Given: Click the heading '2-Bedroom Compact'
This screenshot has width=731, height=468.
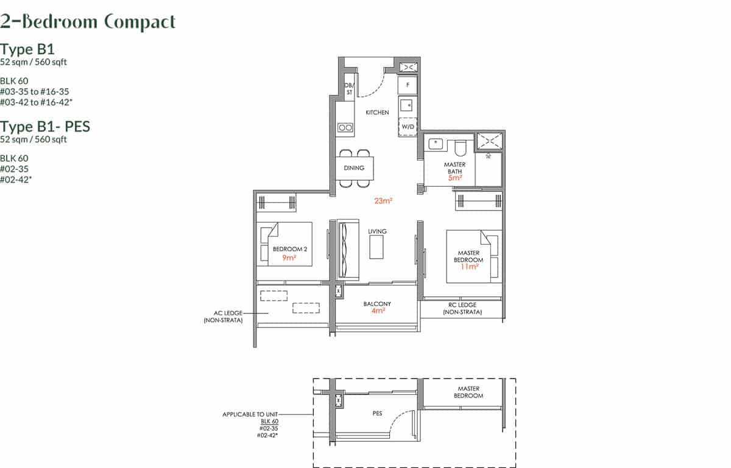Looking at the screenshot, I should pyautogui.click(x=88, y=22).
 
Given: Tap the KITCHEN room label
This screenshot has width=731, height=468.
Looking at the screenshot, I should pyautogui.click(x=377, y=113).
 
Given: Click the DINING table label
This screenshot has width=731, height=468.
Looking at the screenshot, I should pyautogui.click(x=354, y=168).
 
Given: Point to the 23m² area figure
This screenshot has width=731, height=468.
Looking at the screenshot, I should pyautogui.click(x=383, y=201).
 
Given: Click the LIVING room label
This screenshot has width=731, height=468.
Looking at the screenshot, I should pyautogui.click(x=377, y=231).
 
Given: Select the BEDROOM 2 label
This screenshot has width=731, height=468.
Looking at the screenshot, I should pyautogui.click(x=289, y=249).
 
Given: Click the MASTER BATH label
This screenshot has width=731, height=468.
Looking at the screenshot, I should pyautogui.click(x=454, y=168).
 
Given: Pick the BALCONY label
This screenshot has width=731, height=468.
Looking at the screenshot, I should pyautogui.click(x=377, y=304).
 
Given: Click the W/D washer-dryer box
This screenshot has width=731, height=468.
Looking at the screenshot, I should pyautogui.click(x=408, y=127).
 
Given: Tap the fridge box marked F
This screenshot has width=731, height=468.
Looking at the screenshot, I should pyautogui.click(x=408, y=85).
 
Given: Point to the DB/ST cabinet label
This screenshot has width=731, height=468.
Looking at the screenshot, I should pyautogui.click(x=349, y=89).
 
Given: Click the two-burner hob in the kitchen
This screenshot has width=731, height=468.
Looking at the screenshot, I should pyautogui.click(x=345, y=128).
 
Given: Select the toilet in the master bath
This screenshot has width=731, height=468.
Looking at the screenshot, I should pyautogui.click(x=461, y=147).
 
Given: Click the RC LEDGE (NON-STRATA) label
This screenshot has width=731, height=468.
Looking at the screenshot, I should pyautogui.click(x=462, y=308).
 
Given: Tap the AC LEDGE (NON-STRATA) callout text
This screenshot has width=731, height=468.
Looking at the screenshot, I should pyautogui.click(x=223, y=316).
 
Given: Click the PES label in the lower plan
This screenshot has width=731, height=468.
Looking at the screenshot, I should pyautogui.click(x=377, y=413).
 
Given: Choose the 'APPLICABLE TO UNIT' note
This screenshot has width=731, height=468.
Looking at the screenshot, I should pyautogui.click(x=250, y=414).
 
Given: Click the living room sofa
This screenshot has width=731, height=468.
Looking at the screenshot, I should pyautogui.click(x=349, y=250).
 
